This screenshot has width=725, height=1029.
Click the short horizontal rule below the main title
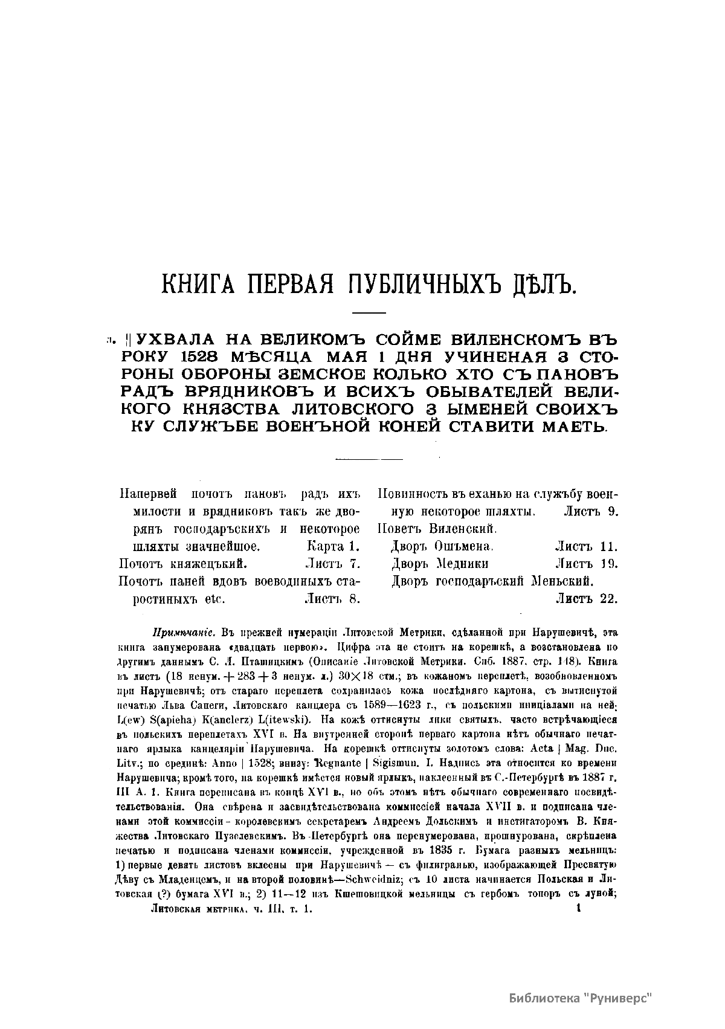click(369, 312)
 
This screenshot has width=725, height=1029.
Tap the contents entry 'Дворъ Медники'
click(440, 564)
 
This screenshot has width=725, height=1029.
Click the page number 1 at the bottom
click(578, 907)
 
